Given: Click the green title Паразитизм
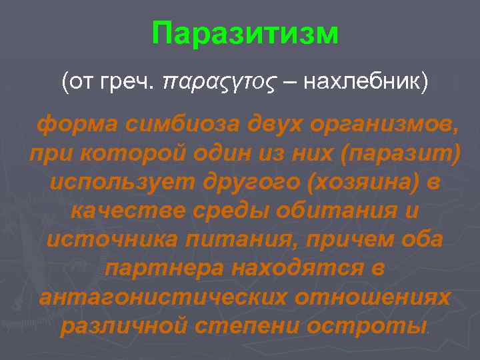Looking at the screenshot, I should point(245,33).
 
